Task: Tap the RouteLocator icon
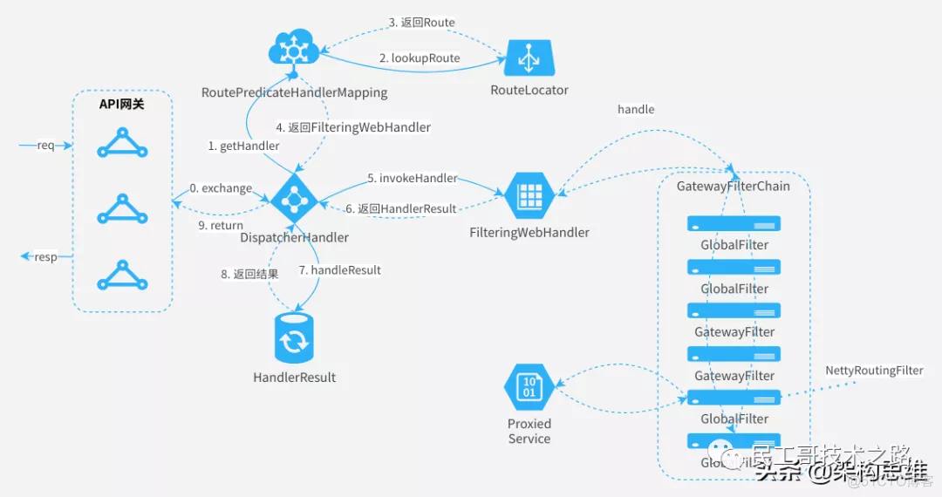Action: (x=529, y=58)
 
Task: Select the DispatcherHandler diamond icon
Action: (x=296, y=200)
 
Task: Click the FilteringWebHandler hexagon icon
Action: (x=529, y=197)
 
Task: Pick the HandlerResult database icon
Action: (x=294, y=339)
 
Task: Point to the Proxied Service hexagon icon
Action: (x=529, y=387)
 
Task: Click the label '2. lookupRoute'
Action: (x=419, y=58)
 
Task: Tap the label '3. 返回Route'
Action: (x=421, y=22)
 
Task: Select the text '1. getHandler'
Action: (x=243, y=146)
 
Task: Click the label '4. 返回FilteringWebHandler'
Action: (x=352, y=127)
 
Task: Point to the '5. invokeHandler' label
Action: (x=412, y=178)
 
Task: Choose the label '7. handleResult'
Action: (x=339, y=270)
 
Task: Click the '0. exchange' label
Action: (x=221, y=187)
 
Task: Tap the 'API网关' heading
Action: (x=121, y=104)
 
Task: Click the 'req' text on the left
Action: (x=45, y=145)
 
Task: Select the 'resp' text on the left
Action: (x=45, y=257)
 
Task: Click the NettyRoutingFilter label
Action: (x=874, y=371)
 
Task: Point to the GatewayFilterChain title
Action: (x=733, y=186)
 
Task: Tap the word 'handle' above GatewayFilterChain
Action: (x=635, y=109)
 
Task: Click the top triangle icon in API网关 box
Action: (x=122, y=143)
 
